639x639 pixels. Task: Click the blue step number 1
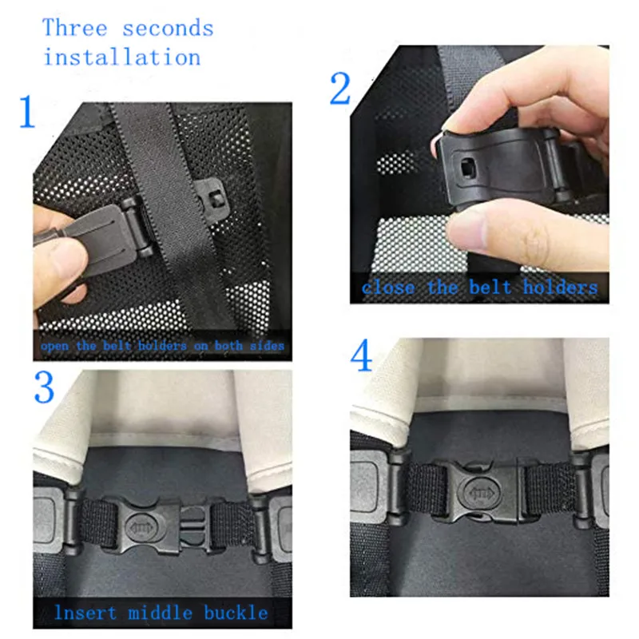26,113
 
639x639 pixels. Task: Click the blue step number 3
43,387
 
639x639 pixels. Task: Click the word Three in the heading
75,29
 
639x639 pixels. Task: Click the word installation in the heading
121,58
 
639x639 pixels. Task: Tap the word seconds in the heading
168,29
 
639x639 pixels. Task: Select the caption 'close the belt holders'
479,288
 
